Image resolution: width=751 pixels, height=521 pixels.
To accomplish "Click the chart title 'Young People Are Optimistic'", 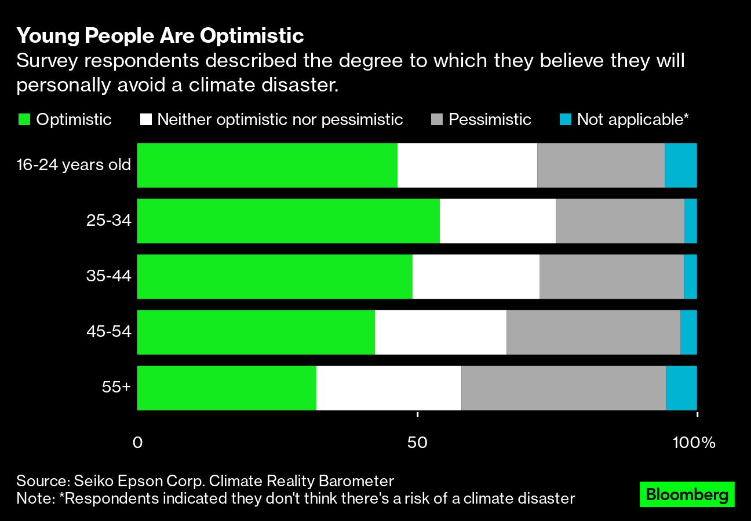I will click(x=160, y=36).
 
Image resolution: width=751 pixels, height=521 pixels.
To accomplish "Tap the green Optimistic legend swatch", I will click(x=24, y=120).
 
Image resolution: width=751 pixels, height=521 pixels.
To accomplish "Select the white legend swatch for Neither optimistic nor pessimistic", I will click(x=146, y=120).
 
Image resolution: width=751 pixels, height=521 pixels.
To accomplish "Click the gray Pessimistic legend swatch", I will click(x=438, y=120).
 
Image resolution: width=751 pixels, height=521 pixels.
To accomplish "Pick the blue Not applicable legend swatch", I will click(x=566, y=120).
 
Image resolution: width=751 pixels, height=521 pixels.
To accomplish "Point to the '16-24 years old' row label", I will click(x=74, y=165).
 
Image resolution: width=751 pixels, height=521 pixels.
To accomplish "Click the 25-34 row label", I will click(x=110, y=221).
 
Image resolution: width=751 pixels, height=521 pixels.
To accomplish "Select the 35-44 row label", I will click(x=109, y=276).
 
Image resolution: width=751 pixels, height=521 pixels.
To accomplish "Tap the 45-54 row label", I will click(x=109, y=332).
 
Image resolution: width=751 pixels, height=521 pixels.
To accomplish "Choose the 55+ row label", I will click(x=116, y=387).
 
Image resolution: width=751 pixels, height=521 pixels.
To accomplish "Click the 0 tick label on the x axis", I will click(x=137, y=443).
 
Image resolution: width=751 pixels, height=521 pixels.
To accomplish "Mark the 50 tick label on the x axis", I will click(x=417, y=443).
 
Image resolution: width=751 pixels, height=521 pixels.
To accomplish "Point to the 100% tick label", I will click(x=694, y=443).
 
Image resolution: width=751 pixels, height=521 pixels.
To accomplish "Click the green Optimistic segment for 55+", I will click(x=227, y=388).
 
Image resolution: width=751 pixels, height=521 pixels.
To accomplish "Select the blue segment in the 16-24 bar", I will click(x=680, y=166).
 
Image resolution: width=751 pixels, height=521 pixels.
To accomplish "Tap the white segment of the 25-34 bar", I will click(x=497, y=221).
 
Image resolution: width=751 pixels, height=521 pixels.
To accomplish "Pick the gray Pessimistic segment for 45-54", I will click(x=593, y=332).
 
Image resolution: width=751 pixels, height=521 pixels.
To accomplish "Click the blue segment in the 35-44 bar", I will click(x=690, y=277).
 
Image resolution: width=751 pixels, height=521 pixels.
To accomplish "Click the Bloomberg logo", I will click(x=687, y=494).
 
